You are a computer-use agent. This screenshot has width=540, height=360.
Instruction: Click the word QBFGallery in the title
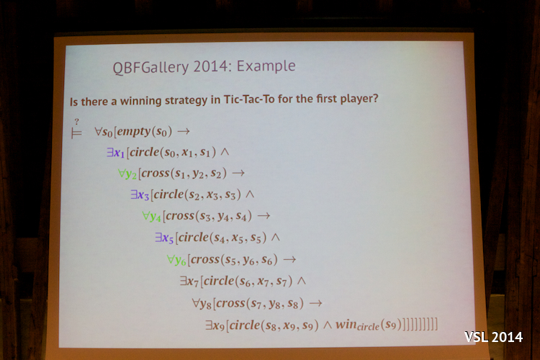click(151, 68)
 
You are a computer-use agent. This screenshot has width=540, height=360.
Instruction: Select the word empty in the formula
click(134, 132)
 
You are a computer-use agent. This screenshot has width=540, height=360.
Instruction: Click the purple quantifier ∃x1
click(115, 152)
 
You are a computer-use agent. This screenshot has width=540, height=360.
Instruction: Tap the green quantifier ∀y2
click(127, 174)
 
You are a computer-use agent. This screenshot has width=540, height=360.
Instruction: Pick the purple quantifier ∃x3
click(140, 195)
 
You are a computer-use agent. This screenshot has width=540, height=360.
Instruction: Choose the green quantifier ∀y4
click(151, 216)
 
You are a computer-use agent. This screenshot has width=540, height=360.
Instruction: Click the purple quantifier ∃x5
click(164, 238)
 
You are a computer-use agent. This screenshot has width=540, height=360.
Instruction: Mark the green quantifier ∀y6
click(176, 260)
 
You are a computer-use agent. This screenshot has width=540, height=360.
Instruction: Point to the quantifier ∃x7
click(189, 282)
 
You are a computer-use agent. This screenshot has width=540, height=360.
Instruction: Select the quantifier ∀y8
click(202, 304)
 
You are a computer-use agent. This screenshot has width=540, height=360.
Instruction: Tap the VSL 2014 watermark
click(493, 337)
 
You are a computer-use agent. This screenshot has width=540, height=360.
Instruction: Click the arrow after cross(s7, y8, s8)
click(315, 303)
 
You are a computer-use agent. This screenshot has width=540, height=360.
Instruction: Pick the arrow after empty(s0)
click(183, 131)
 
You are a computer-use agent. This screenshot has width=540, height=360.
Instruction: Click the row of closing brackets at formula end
click(420, 325)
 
